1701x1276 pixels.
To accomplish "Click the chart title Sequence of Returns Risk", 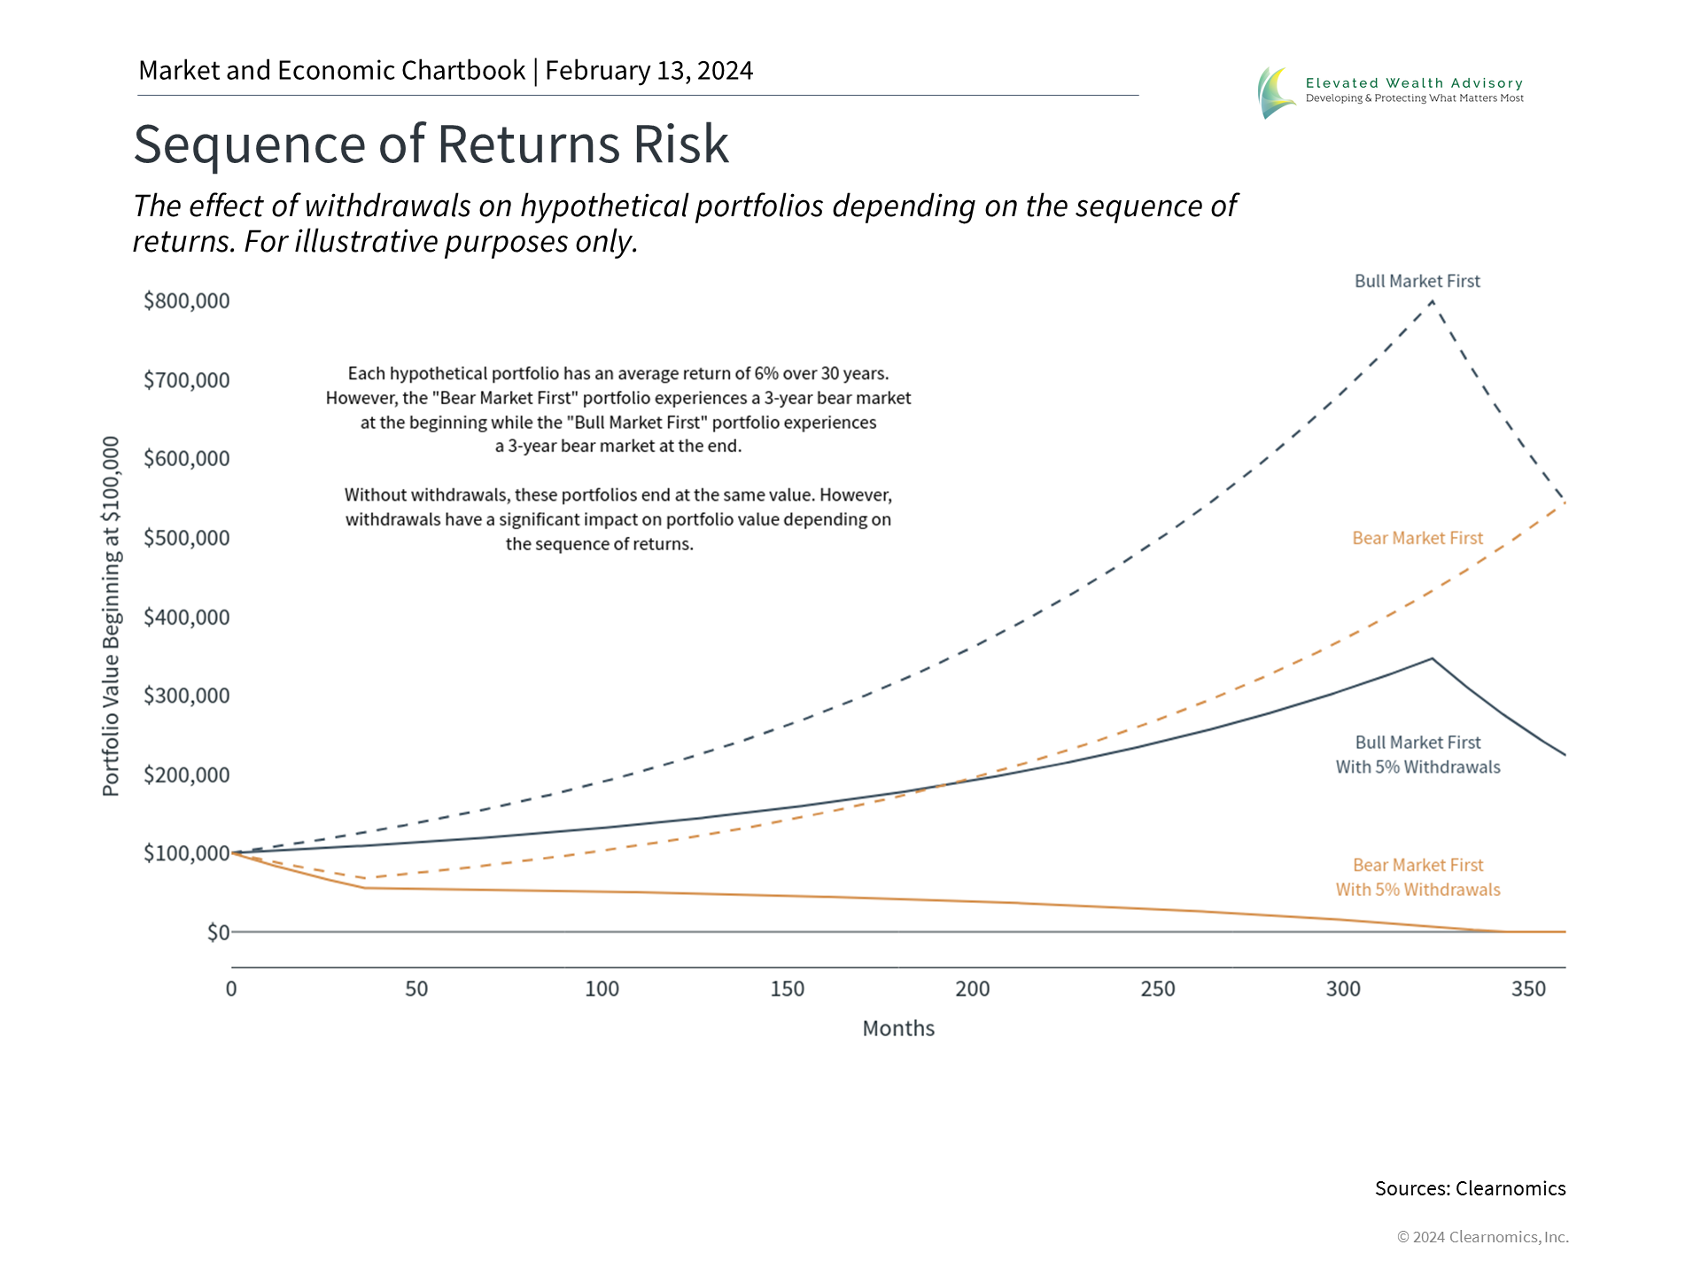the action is tap(431, 144).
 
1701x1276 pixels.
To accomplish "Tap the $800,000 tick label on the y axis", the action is tap(187, 301).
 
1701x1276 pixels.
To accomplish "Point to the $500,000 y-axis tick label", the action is tap(187, 538).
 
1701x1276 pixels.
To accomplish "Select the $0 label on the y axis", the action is tap(218, 932).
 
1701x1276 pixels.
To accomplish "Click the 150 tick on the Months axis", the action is tap(787, 989).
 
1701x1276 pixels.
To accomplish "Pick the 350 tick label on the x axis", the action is tap(1528, 989).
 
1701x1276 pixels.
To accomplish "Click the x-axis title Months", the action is tap(898, 1029).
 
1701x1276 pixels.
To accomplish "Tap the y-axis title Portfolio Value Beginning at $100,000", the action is tap(111, 617).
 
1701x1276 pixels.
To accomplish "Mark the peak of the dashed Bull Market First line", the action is tap(1433, 301).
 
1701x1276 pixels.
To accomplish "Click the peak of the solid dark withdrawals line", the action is tap(1433, 658).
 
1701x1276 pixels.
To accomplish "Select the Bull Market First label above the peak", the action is tap(1417, 281).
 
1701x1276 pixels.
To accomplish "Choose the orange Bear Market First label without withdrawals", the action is tap(1417, 538).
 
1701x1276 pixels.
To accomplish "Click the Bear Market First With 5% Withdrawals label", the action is tap(1418, 877).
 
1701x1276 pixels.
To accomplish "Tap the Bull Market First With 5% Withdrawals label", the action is tap(1418, 755).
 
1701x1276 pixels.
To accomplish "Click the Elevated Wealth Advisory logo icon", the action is tap(1277, 92).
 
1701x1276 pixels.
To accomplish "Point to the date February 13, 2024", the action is tap(649, 71).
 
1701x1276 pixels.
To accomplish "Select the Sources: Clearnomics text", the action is tap(1471, 1188).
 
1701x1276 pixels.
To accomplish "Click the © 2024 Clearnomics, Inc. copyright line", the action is tap(1483, 1237).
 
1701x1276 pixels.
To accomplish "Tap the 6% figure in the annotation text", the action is tap(766, 374).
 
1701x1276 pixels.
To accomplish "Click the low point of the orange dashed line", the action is tap(366, 878).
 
